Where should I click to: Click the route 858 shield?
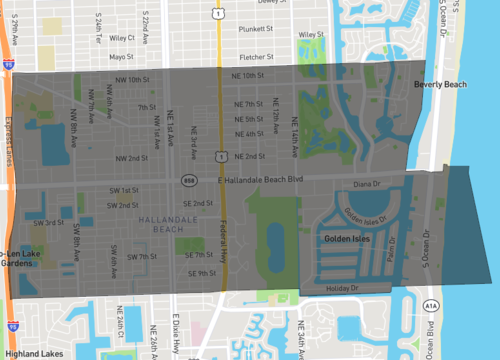[x=188, y=180]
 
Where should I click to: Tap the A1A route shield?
[x=431, y=304]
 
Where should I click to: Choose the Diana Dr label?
[x=368, y=184]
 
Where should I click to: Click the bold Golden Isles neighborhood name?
[x=347, y=240]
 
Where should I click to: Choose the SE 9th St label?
[x=200, y=273]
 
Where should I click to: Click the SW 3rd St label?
[x=49, y=222]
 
